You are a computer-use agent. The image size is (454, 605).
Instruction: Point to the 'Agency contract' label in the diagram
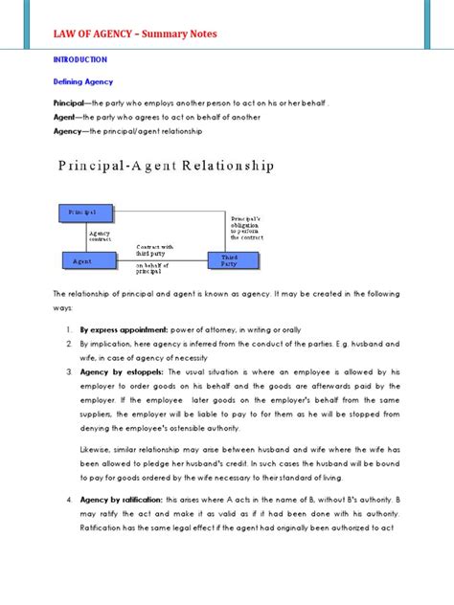pos(101,234)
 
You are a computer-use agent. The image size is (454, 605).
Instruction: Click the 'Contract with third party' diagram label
pos(154,248)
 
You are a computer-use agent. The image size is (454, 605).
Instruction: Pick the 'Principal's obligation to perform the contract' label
pos(246,226)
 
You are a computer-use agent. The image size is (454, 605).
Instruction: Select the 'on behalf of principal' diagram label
pos(152,269)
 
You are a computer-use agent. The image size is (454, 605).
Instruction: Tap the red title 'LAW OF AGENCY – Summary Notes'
pos(134,34)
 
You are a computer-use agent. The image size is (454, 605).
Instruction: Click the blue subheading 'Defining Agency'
pos(81,82)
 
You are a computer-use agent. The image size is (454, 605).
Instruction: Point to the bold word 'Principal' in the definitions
pos(71,102)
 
